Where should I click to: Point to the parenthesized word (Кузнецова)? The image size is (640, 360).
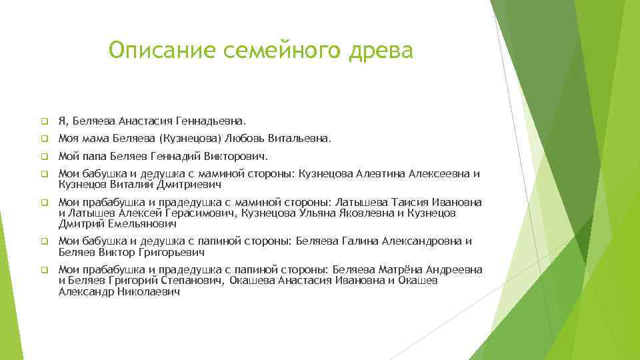191,140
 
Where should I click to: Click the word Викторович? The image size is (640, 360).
235,158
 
